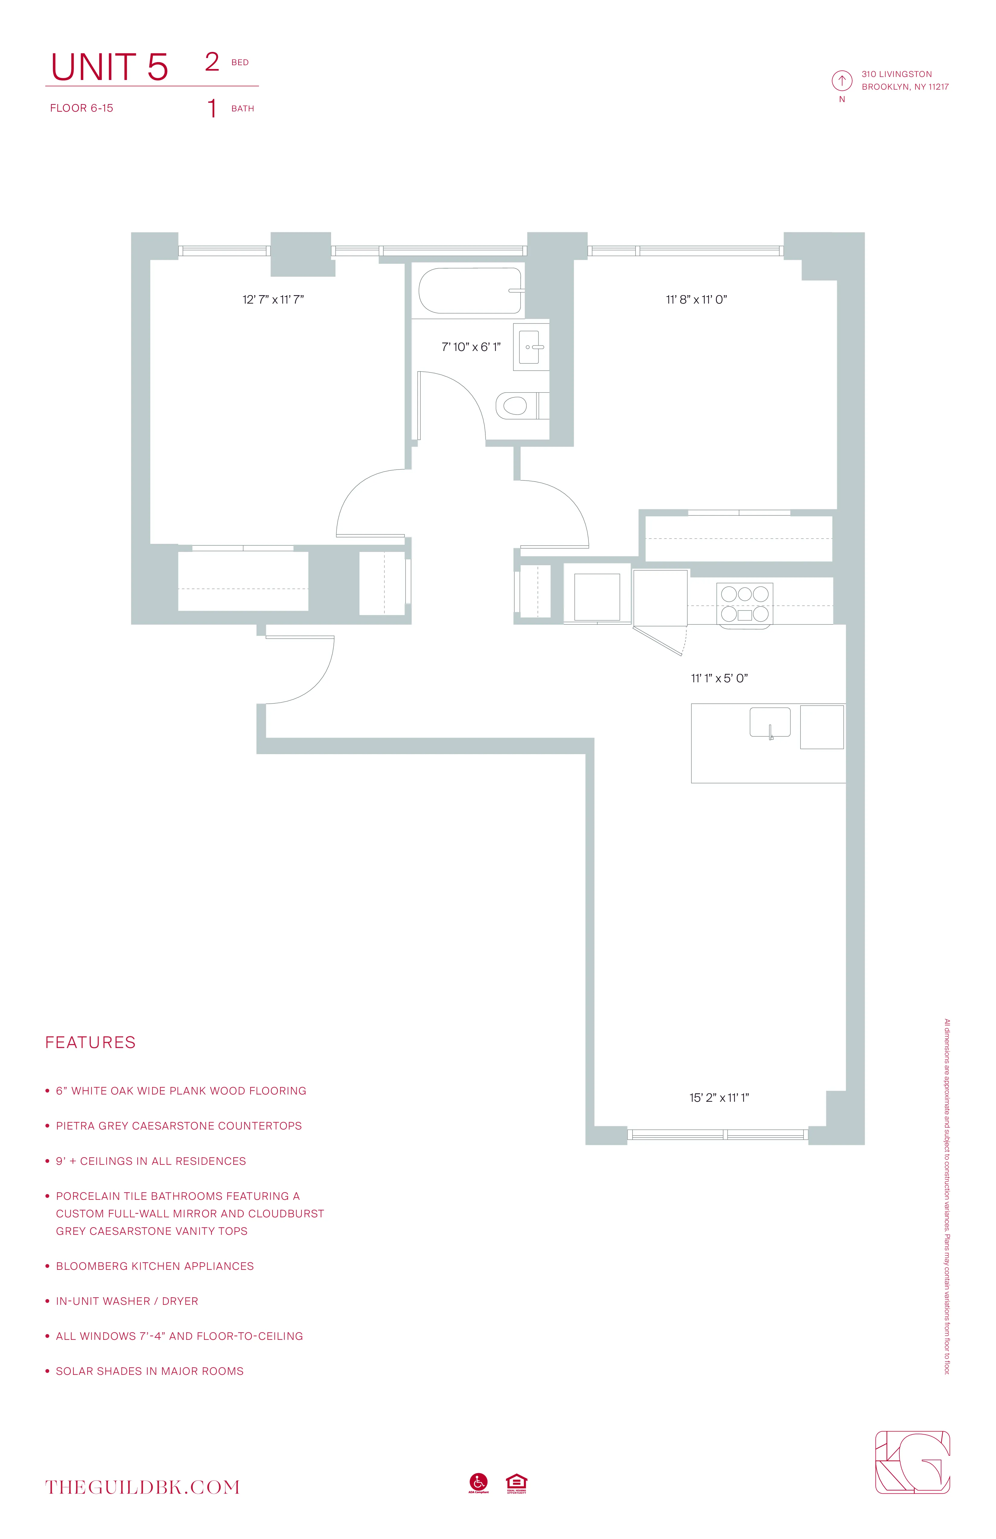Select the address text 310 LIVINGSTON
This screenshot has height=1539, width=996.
click(896, 74)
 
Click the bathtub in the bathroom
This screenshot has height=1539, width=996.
click(470, 291)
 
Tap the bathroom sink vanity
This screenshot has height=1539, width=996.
click(530, 347)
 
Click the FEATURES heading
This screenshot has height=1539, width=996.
click(91, 1042)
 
